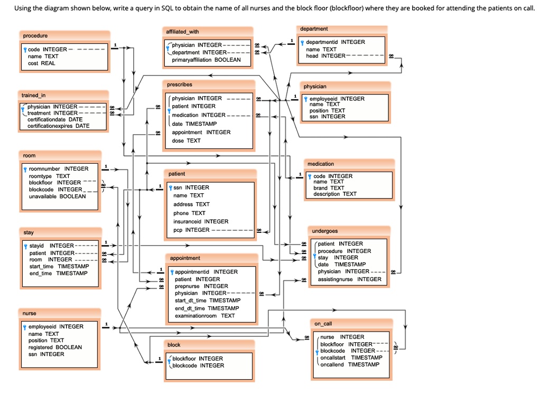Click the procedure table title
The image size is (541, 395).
(35, 35)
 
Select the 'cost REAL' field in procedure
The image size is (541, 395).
(41, 63)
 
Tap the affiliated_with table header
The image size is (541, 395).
(182, 32)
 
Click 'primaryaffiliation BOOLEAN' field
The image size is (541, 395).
(206, 60)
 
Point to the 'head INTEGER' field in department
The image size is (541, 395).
(325, 56)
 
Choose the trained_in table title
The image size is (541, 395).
(33, 95)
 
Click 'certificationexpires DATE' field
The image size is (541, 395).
(58, 126)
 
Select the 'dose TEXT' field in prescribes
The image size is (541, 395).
(186, 141)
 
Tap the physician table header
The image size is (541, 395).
(315, 86)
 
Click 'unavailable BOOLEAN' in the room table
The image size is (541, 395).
(57, 196)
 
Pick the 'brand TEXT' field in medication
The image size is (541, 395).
(329, 188)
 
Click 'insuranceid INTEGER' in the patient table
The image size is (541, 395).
(201, 222)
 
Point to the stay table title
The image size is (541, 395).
(29, 232)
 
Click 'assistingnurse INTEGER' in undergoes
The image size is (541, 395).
(349, 279)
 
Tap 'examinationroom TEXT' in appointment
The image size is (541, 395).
(204, 316)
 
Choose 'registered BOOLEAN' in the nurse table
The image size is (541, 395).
(55, 347)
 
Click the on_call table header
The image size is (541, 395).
(323, 323)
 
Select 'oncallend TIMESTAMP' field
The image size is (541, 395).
(350, 364)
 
